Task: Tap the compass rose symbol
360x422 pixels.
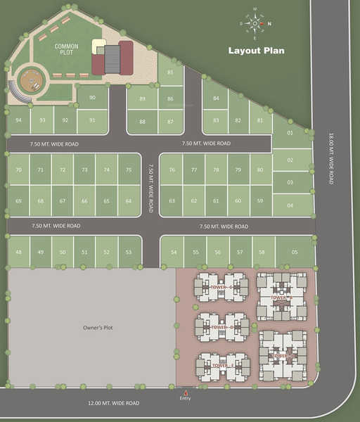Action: (255, 23)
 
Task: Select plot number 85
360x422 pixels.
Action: (170, 73)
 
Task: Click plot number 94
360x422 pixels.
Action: (18, 120)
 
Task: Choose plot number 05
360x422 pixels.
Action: (294, 251)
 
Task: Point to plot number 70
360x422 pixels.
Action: (18, 170)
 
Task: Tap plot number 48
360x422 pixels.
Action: (18, 252)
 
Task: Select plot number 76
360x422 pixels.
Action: (172, 170)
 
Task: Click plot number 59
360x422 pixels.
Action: (260, 201)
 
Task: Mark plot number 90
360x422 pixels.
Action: (93, 97)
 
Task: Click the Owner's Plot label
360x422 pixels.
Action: (93, 328)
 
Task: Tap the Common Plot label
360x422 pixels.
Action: (67, 49)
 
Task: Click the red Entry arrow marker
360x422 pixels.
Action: (186, 392)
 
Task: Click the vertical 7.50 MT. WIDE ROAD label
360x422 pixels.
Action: (150, 188)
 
